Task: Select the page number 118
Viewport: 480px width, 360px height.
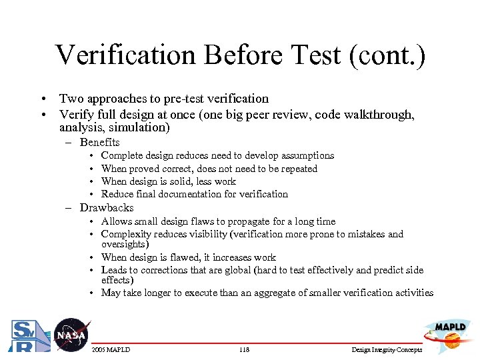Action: click(244, 350)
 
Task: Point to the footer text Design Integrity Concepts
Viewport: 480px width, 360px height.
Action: click(387, 350)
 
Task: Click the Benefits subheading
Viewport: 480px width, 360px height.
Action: click(99, 142)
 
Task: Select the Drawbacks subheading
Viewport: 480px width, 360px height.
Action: click(107, 207)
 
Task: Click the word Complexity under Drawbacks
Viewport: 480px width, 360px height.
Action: click(126, 234)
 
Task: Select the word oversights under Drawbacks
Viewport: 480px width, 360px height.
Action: click(125, 244)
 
